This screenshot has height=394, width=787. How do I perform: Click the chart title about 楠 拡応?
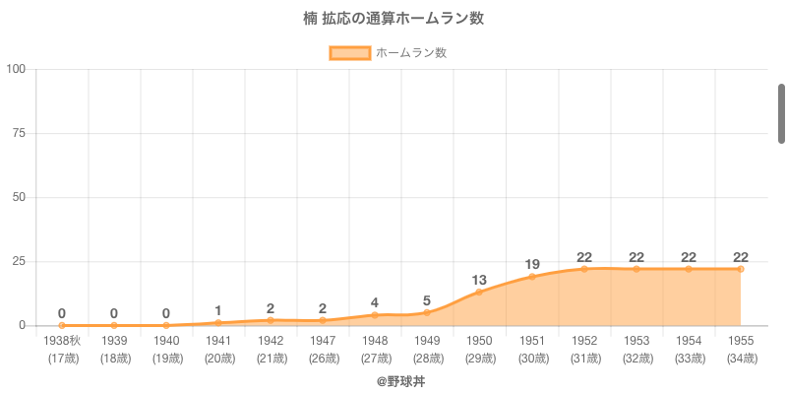(393, 19)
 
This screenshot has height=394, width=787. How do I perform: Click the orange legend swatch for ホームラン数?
(350, 53)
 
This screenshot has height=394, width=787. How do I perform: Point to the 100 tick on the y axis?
(16, 69)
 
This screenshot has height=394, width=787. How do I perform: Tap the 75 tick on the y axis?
(19, 133)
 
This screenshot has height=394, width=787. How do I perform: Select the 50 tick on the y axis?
(19, 197)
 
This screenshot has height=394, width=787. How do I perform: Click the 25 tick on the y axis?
(19, 261)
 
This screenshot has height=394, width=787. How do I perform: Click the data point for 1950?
(479, 292)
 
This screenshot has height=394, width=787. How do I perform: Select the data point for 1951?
(531, 277)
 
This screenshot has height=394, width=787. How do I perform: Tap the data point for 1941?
(218, 323)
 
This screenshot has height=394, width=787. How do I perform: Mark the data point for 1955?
(740, 269)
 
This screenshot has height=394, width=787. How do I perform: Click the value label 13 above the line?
(479, 279)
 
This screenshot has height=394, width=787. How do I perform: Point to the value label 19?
(531, 264)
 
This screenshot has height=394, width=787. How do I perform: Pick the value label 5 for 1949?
(427, 300)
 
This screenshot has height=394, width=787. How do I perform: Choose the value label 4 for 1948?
(375, 302)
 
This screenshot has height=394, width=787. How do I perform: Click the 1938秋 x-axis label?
(62, 340)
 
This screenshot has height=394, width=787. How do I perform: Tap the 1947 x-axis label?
(323, 340)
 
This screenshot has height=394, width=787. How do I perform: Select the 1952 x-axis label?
(583, 340)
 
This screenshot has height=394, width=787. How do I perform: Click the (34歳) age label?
(740, 358)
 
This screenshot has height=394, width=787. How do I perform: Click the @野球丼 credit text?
(400, 379)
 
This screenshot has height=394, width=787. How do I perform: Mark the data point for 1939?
(114, 325)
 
